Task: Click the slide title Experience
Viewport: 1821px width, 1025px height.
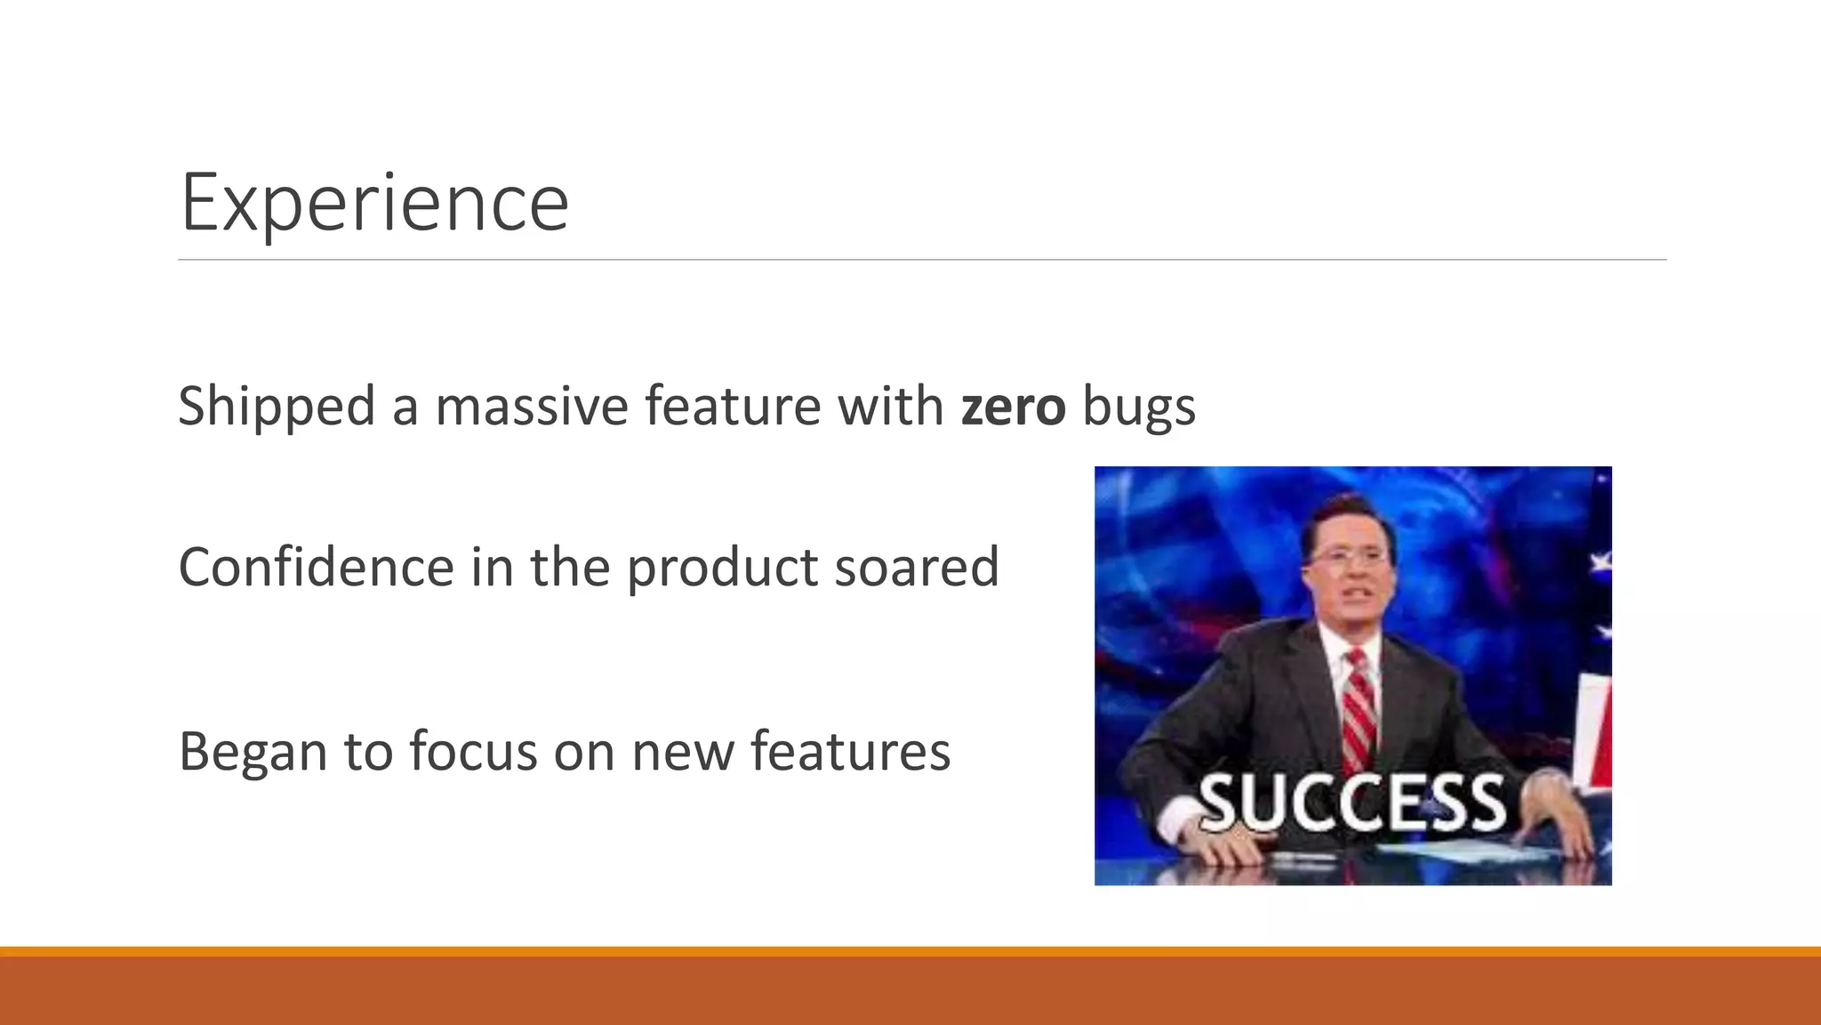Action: [x=374, y=203]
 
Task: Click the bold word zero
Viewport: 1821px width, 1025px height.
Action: [x=1013, y=407]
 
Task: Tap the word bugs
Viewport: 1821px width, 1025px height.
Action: [x=1139, y=407]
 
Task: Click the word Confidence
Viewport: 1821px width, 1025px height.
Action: [x=317, y=567]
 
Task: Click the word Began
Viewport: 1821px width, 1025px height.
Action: [x=253, y=752]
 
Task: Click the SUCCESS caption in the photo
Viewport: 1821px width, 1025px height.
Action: [x=1352, y=803]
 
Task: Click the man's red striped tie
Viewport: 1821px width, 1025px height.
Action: [x=1360, y=712]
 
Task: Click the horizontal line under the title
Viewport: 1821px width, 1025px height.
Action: [x=922, y=260]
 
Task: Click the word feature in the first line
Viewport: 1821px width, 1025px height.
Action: [x=733, y=407]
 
